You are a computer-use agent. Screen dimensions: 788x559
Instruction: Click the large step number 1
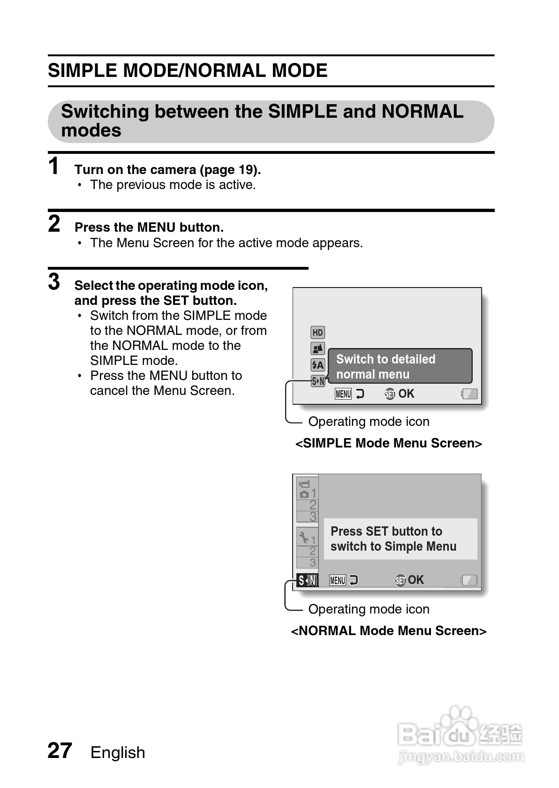click(x=54, y=167)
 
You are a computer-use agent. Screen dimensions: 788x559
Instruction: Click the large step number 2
click(x=54, y=224)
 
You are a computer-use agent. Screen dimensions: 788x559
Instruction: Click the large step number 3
click(x=54, y=282)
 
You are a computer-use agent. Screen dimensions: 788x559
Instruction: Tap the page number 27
click(x=60, y=751)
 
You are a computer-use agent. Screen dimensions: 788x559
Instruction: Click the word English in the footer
click(x=118, y=752)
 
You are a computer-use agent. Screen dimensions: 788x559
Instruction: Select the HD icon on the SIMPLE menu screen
click(x=317, y=333)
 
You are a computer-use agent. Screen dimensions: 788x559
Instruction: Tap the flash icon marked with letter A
click(x=317, y=364)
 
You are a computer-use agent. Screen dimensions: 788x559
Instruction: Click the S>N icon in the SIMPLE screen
click(x=317, y=381)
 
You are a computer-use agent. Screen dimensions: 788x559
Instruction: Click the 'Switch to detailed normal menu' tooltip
click(x=400, y=366)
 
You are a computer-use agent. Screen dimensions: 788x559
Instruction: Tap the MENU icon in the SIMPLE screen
click(x=343, y=394)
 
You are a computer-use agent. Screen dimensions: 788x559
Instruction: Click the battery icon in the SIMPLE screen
click(x=469, y=394)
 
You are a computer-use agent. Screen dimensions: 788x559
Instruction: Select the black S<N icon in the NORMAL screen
click(x=307, y=580)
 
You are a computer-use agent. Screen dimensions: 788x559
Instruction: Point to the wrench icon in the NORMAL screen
click(x=304, y=537)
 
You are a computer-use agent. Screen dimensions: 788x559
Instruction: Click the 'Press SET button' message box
click(x=400, y=539)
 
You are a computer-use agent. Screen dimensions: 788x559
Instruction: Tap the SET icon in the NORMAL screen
click(x=400, y=581)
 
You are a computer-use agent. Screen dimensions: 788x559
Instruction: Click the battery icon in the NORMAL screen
click(x=469, y=580)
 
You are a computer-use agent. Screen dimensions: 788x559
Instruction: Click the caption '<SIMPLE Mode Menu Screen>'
click(x=388, y=443)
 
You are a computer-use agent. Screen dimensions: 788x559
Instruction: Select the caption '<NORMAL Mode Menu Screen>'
click(x=388, y=631)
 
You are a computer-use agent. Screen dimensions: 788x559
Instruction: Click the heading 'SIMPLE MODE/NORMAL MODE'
click(x=188, y=71)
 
